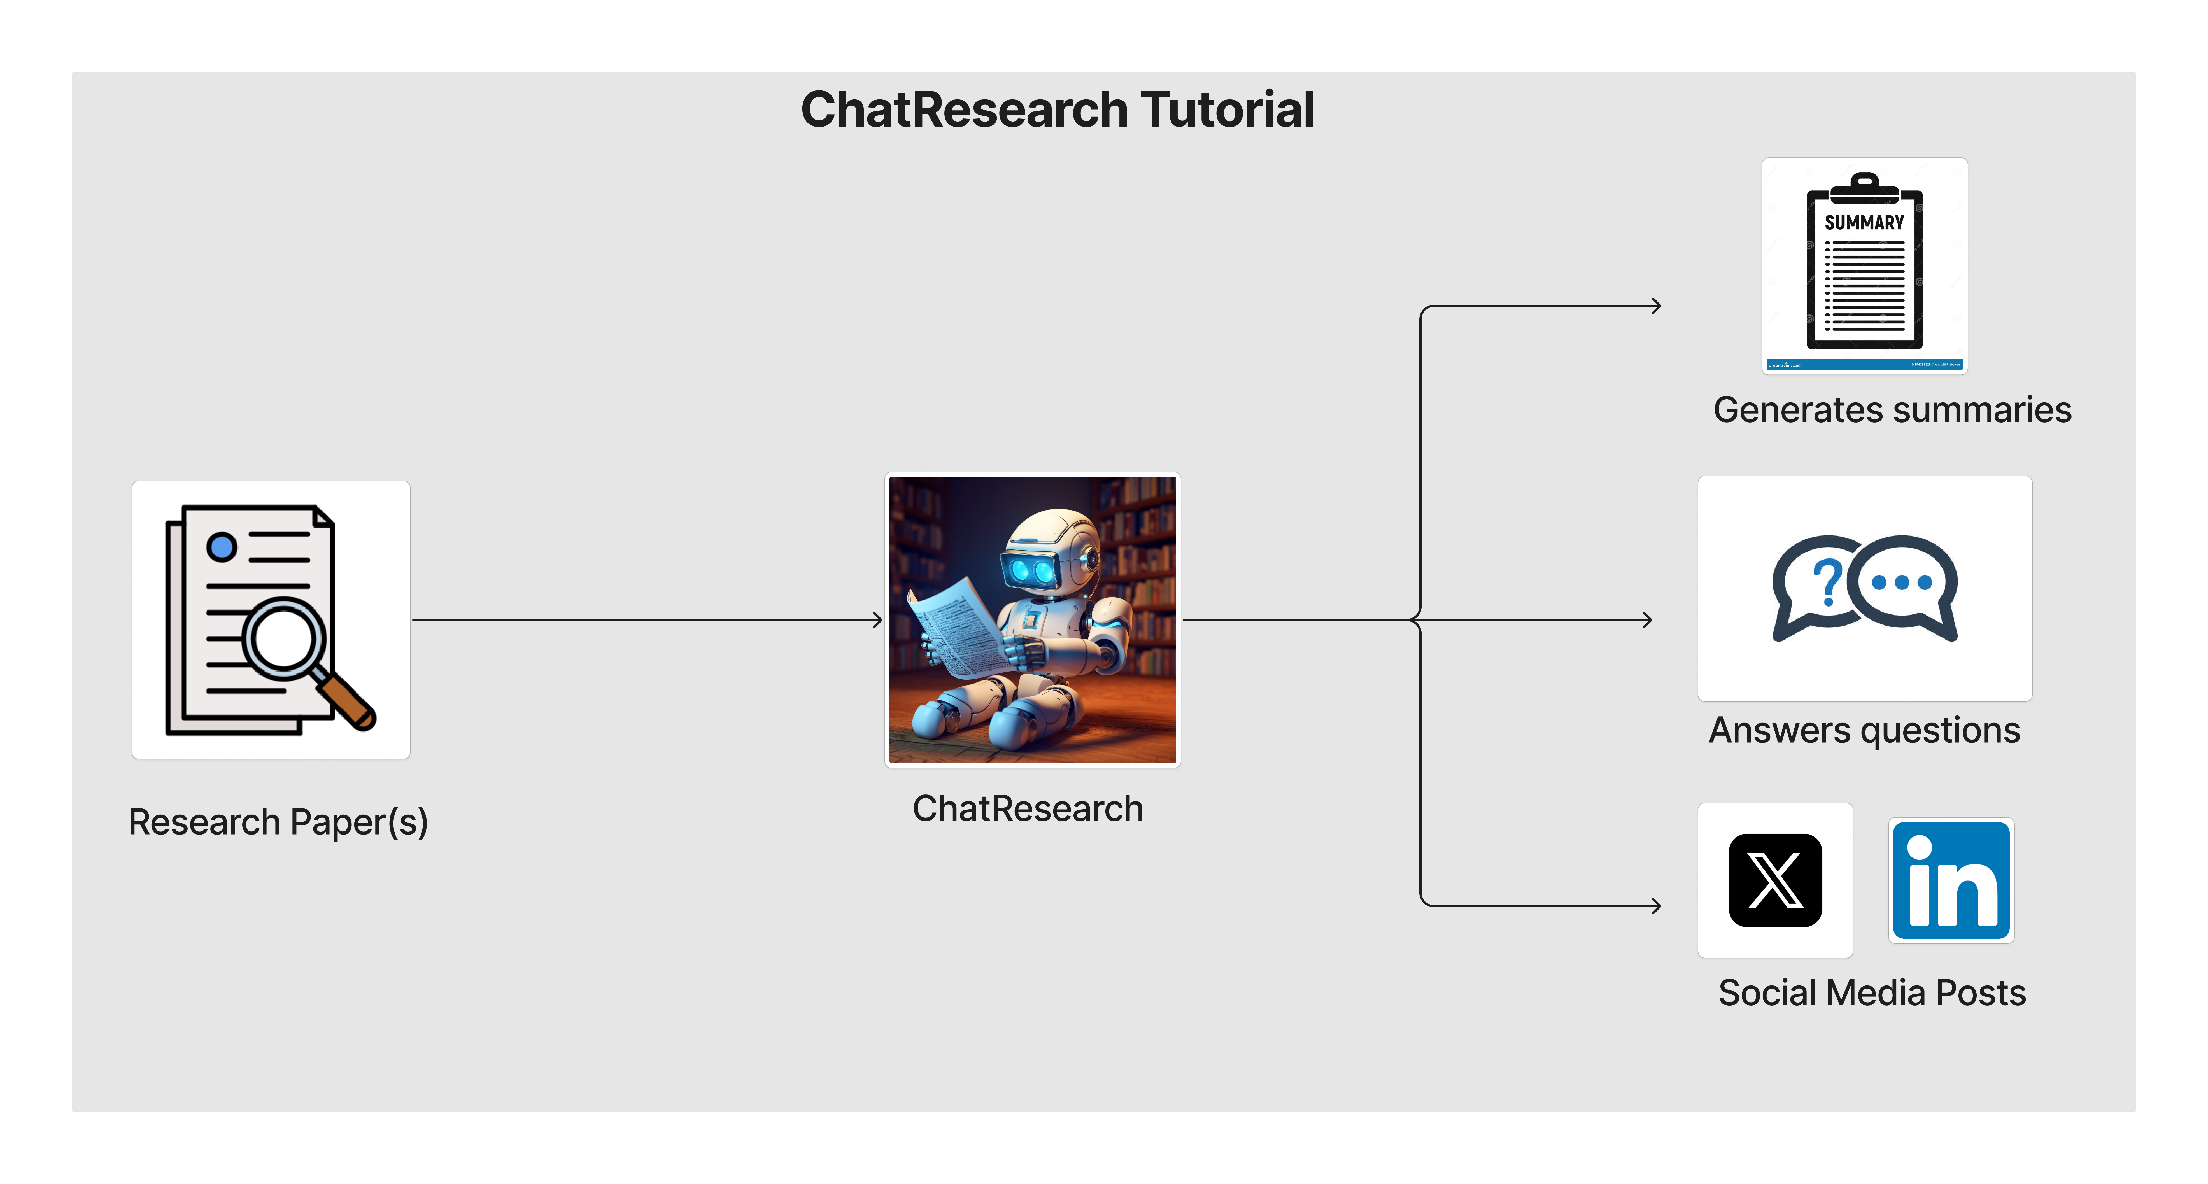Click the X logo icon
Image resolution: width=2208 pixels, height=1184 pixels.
(x=1775, y=880)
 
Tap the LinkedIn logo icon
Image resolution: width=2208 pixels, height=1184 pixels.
(x=1951, y=880)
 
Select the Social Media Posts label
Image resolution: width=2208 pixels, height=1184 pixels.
(x=1872, y=993)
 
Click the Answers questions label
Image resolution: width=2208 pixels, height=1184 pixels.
(x=1864, y=730)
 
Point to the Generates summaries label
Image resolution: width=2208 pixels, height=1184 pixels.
(x=1892, y=410)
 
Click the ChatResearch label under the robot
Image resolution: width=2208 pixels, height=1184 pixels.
(x=1028, y=808)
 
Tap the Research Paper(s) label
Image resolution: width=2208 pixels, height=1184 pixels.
(x=278, y=822)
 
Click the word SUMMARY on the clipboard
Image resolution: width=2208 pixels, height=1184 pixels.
(x=1864, y=223)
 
